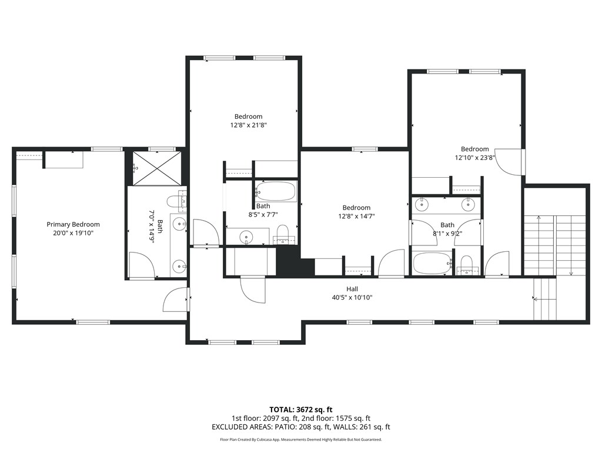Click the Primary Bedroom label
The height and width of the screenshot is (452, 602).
[73, 224]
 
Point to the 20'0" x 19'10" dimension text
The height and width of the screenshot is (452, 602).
[73, 233]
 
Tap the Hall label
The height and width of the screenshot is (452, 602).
[352, 289]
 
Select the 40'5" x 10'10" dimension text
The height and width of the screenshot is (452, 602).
[352, 298]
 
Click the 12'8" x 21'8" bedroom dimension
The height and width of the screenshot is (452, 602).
[248, 125]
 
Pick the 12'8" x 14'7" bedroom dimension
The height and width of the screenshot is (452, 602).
[356, 216]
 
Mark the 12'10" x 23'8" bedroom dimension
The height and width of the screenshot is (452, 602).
[474, 158]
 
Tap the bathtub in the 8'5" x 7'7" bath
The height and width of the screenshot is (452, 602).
[275, 191]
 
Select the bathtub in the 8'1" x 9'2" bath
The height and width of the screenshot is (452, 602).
[432, 263]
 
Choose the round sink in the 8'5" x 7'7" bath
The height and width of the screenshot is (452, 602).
[245, 237]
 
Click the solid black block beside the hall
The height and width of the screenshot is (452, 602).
[288, 261]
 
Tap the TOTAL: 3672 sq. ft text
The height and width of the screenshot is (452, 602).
[301, 409]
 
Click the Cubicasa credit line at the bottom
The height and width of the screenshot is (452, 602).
[301, 440]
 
